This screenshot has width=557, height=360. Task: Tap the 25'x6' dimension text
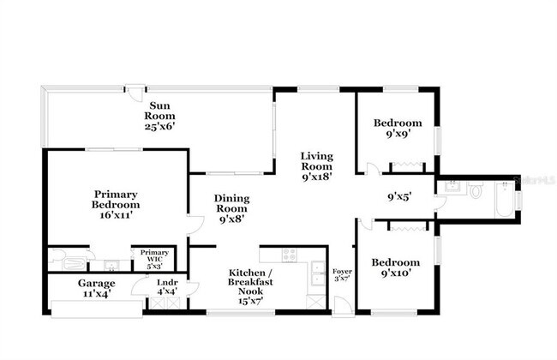160,126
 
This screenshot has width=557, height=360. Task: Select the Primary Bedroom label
117,199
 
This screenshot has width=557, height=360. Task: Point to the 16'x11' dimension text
117,218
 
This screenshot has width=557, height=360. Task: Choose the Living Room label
316,160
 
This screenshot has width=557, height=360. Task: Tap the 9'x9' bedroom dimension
397,135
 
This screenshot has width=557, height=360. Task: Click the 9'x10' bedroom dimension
396,274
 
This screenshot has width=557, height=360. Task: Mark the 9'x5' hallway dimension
399,196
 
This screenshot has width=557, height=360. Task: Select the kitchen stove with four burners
290,255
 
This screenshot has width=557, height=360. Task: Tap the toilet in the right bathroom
476,192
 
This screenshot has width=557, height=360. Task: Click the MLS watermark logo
533,182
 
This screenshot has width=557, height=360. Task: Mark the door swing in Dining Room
195,225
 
